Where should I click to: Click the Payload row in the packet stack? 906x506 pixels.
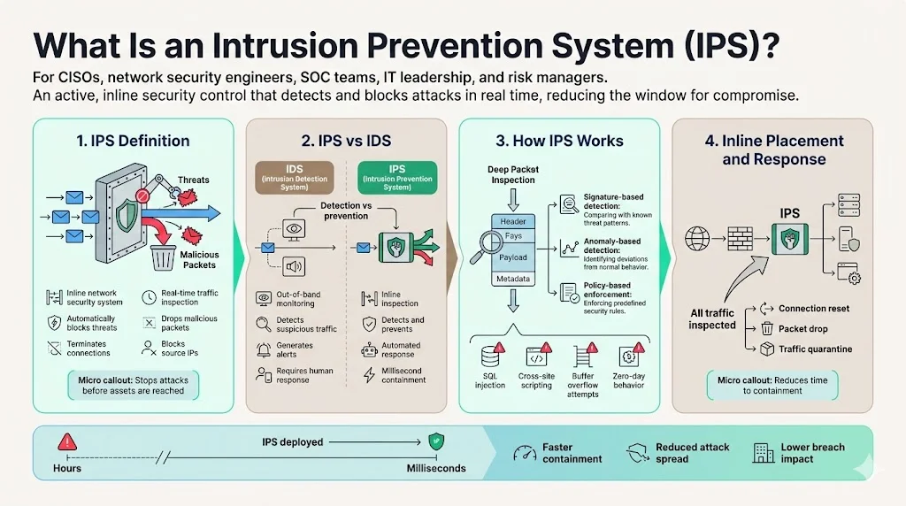(513, 257)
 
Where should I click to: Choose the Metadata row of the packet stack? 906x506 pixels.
(513, 279)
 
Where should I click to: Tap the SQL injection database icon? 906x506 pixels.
(489, 357)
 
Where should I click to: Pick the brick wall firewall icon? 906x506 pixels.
(740, 238)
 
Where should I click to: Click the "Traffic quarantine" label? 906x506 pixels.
(815, 349)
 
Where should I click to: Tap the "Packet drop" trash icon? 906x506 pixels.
(766, 329)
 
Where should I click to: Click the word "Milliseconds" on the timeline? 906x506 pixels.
(435, 468)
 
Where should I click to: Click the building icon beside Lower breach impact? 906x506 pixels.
(763, 452)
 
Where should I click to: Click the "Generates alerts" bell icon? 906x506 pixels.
(263, 349)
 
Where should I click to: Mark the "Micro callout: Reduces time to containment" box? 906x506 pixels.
(772, 385)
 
